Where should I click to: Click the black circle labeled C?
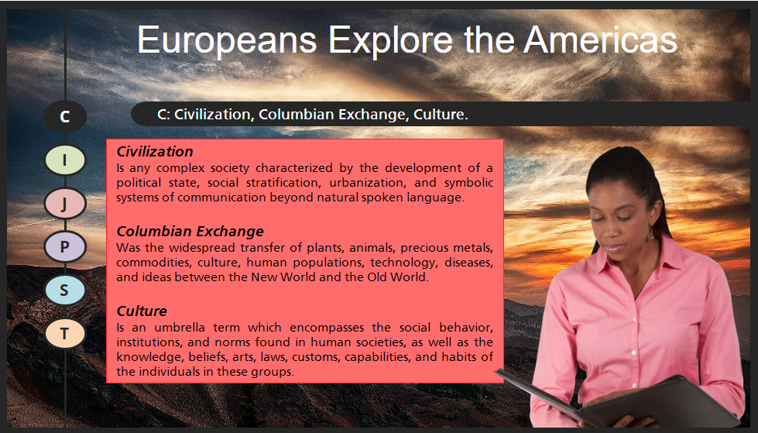(x=65, y=117)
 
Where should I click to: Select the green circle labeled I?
(x=65, y=160)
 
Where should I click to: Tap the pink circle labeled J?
(x=65, y=203)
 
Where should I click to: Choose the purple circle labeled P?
(x=65, y=247)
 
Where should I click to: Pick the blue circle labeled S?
(x=65, y=290)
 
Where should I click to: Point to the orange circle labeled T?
(x=65, y=333)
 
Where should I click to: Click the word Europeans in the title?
(x=227, y=40)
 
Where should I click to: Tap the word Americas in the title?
(x=600, y=40)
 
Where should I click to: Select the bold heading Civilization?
(x=155, y=152)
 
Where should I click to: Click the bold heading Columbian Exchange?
(x=190, y=232)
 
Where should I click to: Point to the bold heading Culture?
(x=142, y=311)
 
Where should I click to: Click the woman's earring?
(x=651, y=234)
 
